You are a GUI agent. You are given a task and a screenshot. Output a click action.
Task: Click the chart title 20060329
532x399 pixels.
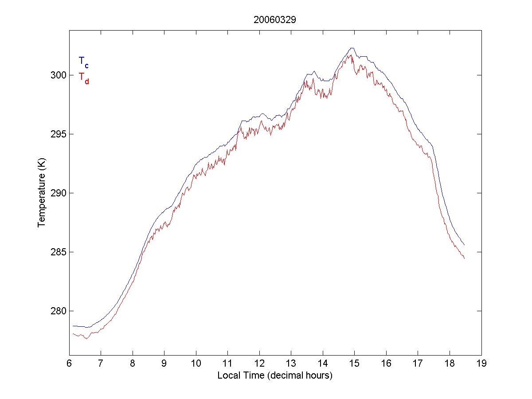tap(275, 20)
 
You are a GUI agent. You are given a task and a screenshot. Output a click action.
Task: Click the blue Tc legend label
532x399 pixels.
tap(83, 62)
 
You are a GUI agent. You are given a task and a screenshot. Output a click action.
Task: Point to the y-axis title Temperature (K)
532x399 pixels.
tap(42, 193)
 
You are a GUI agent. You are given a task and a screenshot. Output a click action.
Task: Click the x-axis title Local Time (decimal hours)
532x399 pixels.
tap(275, 376)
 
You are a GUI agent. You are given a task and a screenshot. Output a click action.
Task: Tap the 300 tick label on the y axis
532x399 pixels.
tap(58, 75)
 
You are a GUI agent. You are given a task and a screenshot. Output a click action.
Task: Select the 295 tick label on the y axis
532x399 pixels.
tap(58, 134)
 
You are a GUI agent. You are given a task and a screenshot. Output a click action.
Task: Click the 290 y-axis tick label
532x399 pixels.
tap(58, 193)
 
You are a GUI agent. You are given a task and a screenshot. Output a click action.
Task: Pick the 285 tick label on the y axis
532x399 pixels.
tap(58, 252)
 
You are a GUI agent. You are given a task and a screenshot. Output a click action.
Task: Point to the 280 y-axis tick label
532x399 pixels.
tap(58, 311)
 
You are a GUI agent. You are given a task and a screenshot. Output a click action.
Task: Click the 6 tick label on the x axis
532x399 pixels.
tap(69, 363)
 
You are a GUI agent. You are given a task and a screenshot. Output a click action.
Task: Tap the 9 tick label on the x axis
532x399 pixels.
tap(164, 363)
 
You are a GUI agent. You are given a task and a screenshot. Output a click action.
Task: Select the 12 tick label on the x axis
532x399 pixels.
tap(259, 363)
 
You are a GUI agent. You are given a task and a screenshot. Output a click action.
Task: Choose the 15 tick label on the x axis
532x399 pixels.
tap(355, 363)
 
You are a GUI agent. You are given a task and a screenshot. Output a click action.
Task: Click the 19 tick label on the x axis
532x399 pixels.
tap(481, 363)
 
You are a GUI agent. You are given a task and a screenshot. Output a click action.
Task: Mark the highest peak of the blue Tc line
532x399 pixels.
tap(352, 48)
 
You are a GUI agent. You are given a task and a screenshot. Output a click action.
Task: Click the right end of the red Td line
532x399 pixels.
tap(464, 258)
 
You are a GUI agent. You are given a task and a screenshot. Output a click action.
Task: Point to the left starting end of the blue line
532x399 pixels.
tap(73, 326)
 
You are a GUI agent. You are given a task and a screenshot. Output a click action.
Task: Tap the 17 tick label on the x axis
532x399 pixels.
tap(418, 363)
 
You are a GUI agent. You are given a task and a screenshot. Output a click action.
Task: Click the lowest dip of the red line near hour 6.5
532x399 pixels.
tap(87, 339)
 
